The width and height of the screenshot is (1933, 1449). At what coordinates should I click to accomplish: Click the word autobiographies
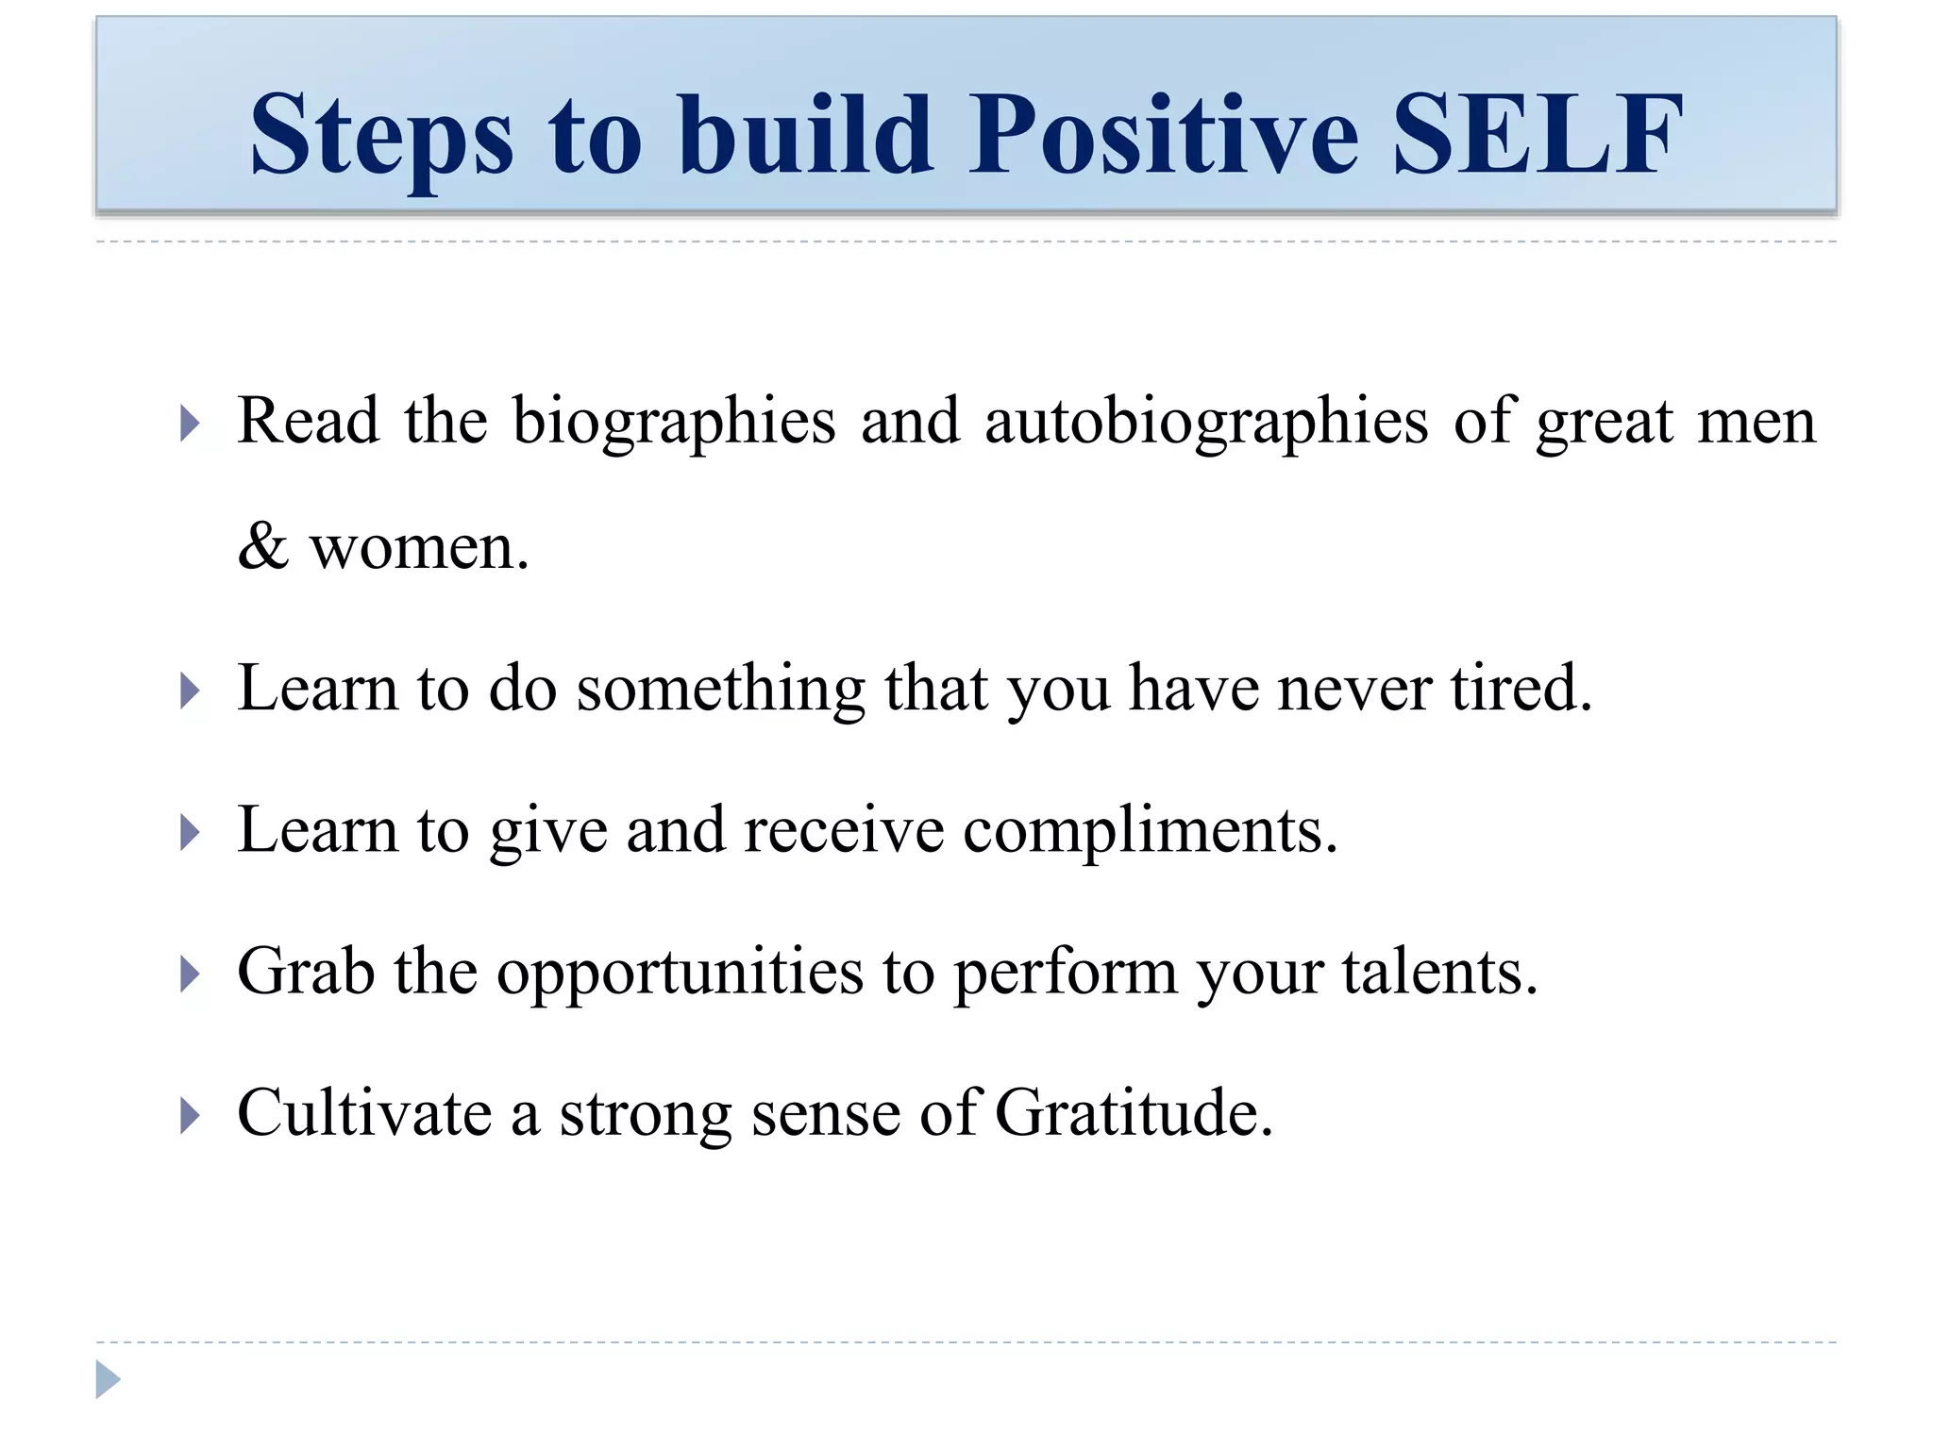[1206, 422]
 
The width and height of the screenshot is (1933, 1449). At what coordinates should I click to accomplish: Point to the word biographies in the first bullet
[674, 422]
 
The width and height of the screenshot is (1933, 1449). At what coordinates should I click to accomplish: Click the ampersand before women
[262, 546]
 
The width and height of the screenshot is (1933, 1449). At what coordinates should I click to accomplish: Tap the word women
[419, 548]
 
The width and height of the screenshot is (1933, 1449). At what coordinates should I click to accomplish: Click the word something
[720, 690]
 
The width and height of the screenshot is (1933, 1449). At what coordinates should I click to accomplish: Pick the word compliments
[1150, 831]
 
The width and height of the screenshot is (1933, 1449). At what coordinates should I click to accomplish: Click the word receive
[843, 831]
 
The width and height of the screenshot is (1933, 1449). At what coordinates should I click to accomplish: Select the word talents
[1439, 973]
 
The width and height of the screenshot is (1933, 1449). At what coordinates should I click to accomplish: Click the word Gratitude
[1133, 1114]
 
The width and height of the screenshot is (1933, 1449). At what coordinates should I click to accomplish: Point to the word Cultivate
[364, 1114]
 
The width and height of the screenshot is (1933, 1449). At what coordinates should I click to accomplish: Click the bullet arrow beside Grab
[190, 974]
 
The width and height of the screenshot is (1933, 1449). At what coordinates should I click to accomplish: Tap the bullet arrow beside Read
[190, 424]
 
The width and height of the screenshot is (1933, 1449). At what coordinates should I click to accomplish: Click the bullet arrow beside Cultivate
[190, 1116]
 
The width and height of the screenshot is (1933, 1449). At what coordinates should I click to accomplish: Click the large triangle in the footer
[107, 1380]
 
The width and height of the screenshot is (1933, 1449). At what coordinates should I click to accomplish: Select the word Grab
[305, 973]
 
